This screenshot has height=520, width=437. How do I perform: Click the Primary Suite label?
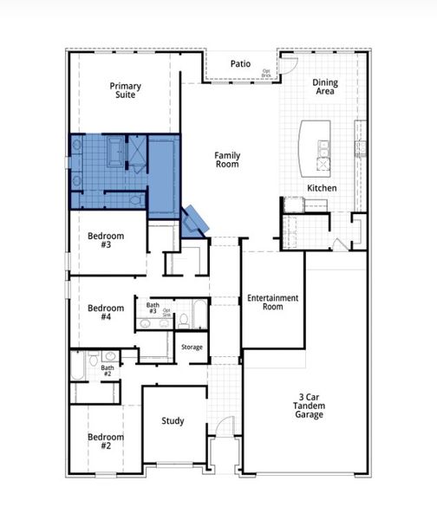tap(126, 91)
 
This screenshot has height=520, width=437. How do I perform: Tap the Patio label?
tap(240, 63)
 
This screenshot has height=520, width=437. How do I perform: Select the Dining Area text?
tap(325, 87)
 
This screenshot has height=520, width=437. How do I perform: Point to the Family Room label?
tap(227, 160)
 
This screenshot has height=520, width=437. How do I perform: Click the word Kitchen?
tap(322, 188)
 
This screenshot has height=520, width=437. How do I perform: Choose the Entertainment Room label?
tap(272, 302)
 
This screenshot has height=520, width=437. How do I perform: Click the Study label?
tap(173, 421)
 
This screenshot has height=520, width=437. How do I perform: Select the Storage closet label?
tap(192, 348)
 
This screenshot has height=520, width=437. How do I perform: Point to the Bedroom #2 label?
tap(105, 441)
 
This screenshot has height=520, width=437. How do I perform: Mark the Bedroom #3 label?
tap(105, 240)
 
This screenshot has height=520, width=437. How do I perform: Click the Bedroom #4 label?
tap(105, 312)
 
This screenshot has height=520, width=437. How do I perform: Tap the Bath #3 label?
tap(152, 309)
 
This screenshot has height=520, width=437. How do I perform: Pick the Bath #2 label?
tap(108, 371)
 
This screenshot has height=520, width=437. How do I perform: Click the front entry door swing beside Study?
tap(224, 429)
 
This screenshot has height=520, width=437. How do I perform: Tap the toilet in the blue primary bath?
tap(134, 199)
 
